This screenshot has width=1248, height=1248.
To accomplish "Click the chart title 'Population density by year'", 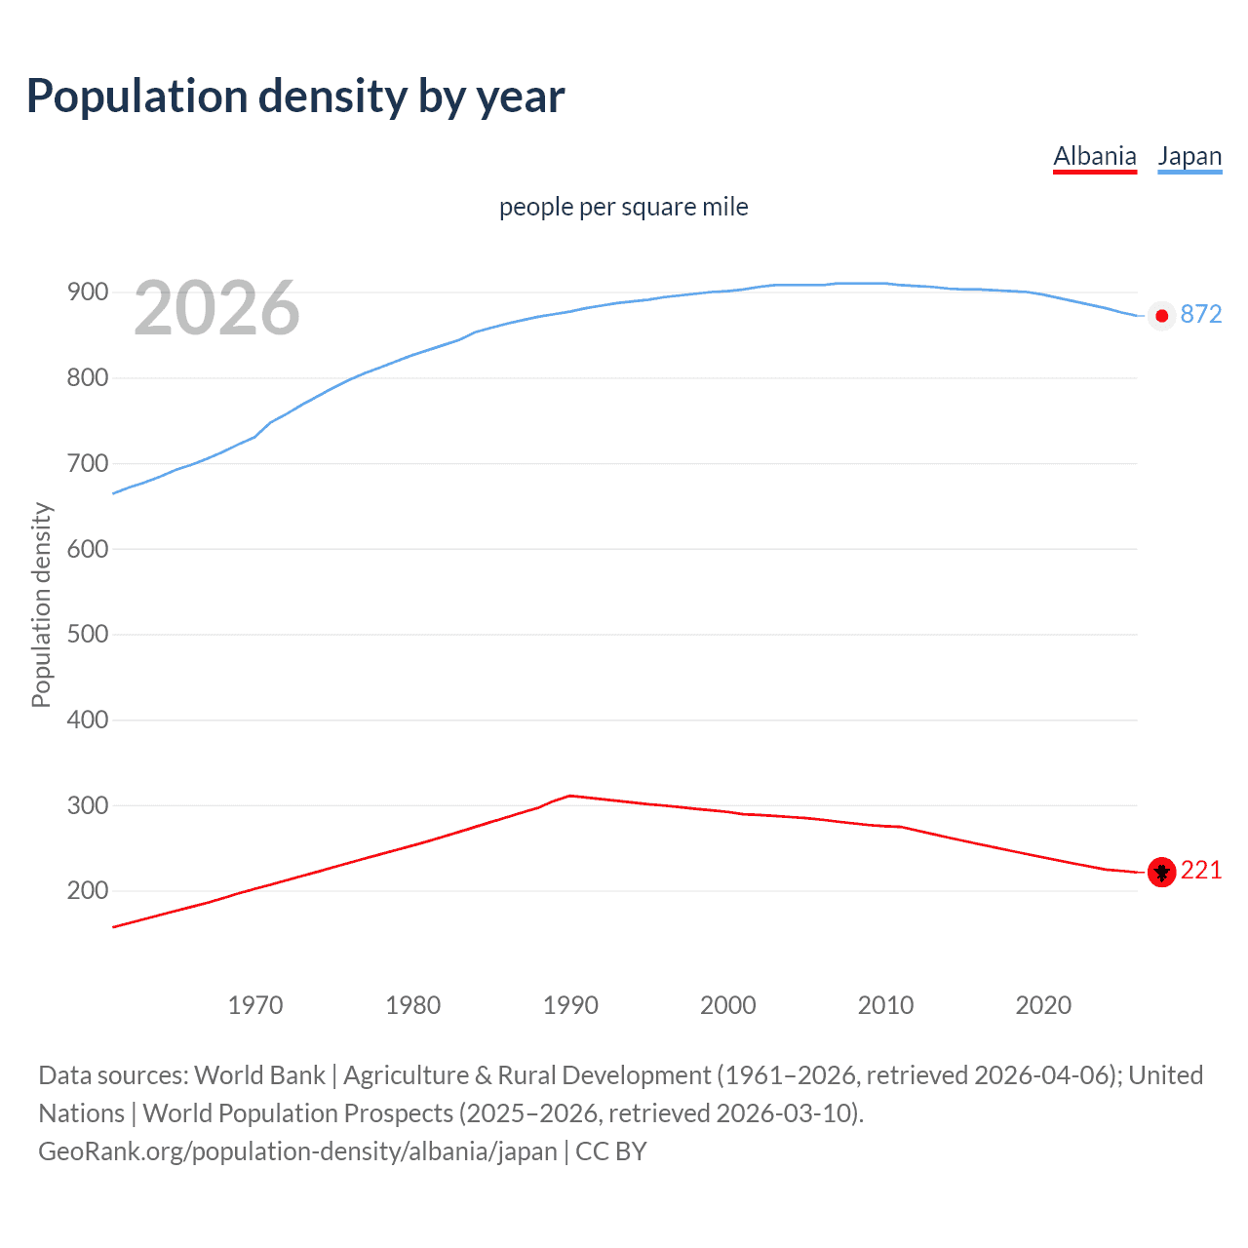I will point(295,97).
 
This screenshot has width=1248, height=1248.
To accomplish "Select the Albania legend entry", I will point(1095,156).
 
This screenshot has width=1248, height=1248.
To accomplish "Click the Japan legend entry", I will point(1189,156).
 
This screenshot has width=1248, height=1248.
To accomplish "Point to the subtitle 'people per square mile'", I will point(624,207).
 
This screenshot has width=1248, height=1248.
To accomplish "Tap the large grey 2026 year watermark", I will point(216,308).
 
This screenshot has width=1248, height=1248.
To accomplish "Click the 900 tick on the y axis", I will point(87,292).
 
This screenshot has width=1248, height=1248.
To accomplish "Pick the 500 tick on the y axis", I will point(87,635).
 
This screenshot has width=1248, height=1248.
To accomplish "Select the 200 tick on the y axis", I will point(87,891).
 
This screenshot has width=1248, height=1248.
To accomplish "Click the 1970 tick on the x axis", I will point(255,1005).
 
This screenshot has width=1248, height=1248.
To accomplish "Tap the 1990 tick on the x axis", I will point(570,1005).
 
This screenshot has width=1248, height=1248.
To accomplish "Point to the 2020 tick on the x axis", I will point(1043,1005).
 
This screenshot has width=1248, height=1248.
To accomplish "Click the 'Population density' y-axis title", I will point(41,604).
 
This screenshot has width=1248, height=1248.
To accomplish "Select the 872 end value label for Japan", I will point(1201,314).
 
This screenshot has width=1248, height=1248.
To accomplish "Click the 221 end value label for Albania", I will point(1201,870).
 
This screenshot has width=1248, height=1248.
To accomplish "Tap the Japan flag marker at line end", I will point(1161,316).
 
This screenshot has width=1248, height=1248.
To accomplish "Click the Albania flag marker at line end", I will point(1161,872).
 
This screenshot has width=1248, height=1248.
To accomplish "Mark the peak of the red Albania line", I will point(570,796).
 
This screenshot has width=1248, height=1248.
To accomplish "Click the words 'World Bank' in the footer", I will point(259,1075).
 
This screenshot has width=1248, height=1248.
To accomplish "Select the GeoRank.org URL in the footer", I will point(297,1151).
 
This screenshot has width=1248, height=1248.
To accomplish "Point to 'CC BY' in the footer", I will point(611,1151).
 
